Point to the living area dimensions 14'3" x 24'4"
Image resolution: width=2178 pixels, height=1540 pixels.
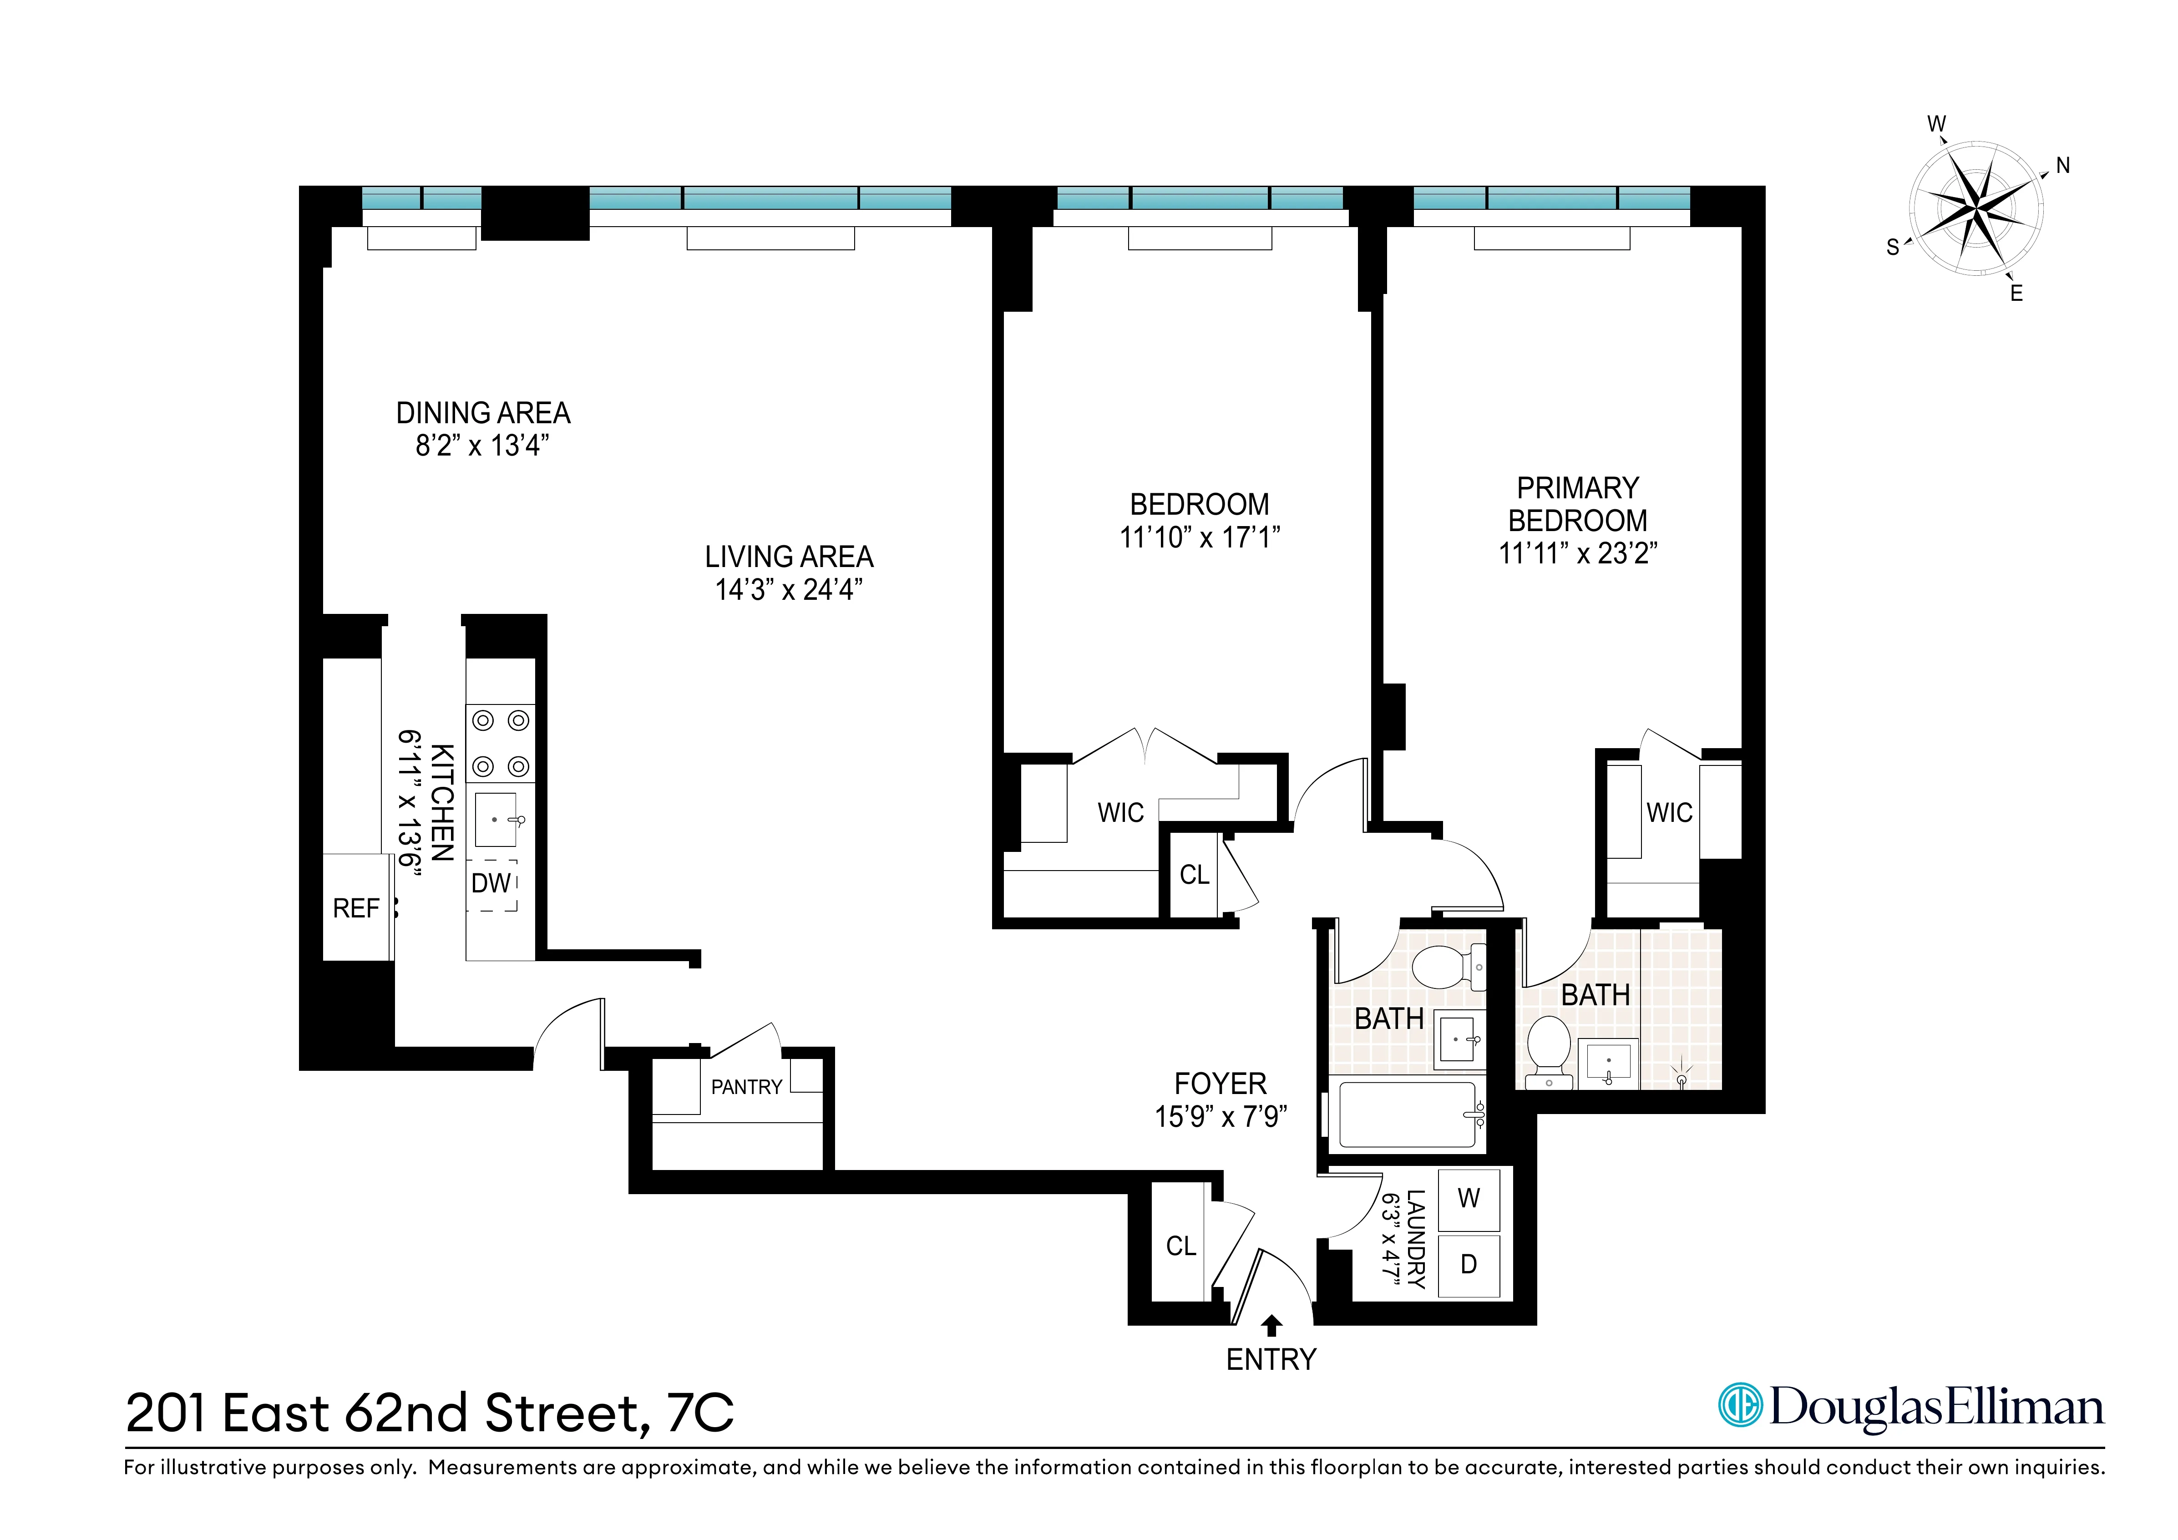[788, 589]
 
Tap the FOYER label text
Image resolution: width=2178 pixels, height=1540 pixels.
[1220, 1084]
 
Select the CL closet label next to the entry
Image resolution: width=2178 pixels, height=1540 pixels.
[1181, 1246]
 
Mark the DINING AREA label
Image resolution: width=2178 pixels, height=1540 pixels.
[483, 414]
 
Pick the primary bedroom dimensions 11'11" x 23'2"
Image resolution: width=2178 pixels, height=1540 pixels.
[1578, 553]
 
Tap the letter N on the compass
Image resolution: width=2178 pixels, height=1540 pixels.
[2062, 166]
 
